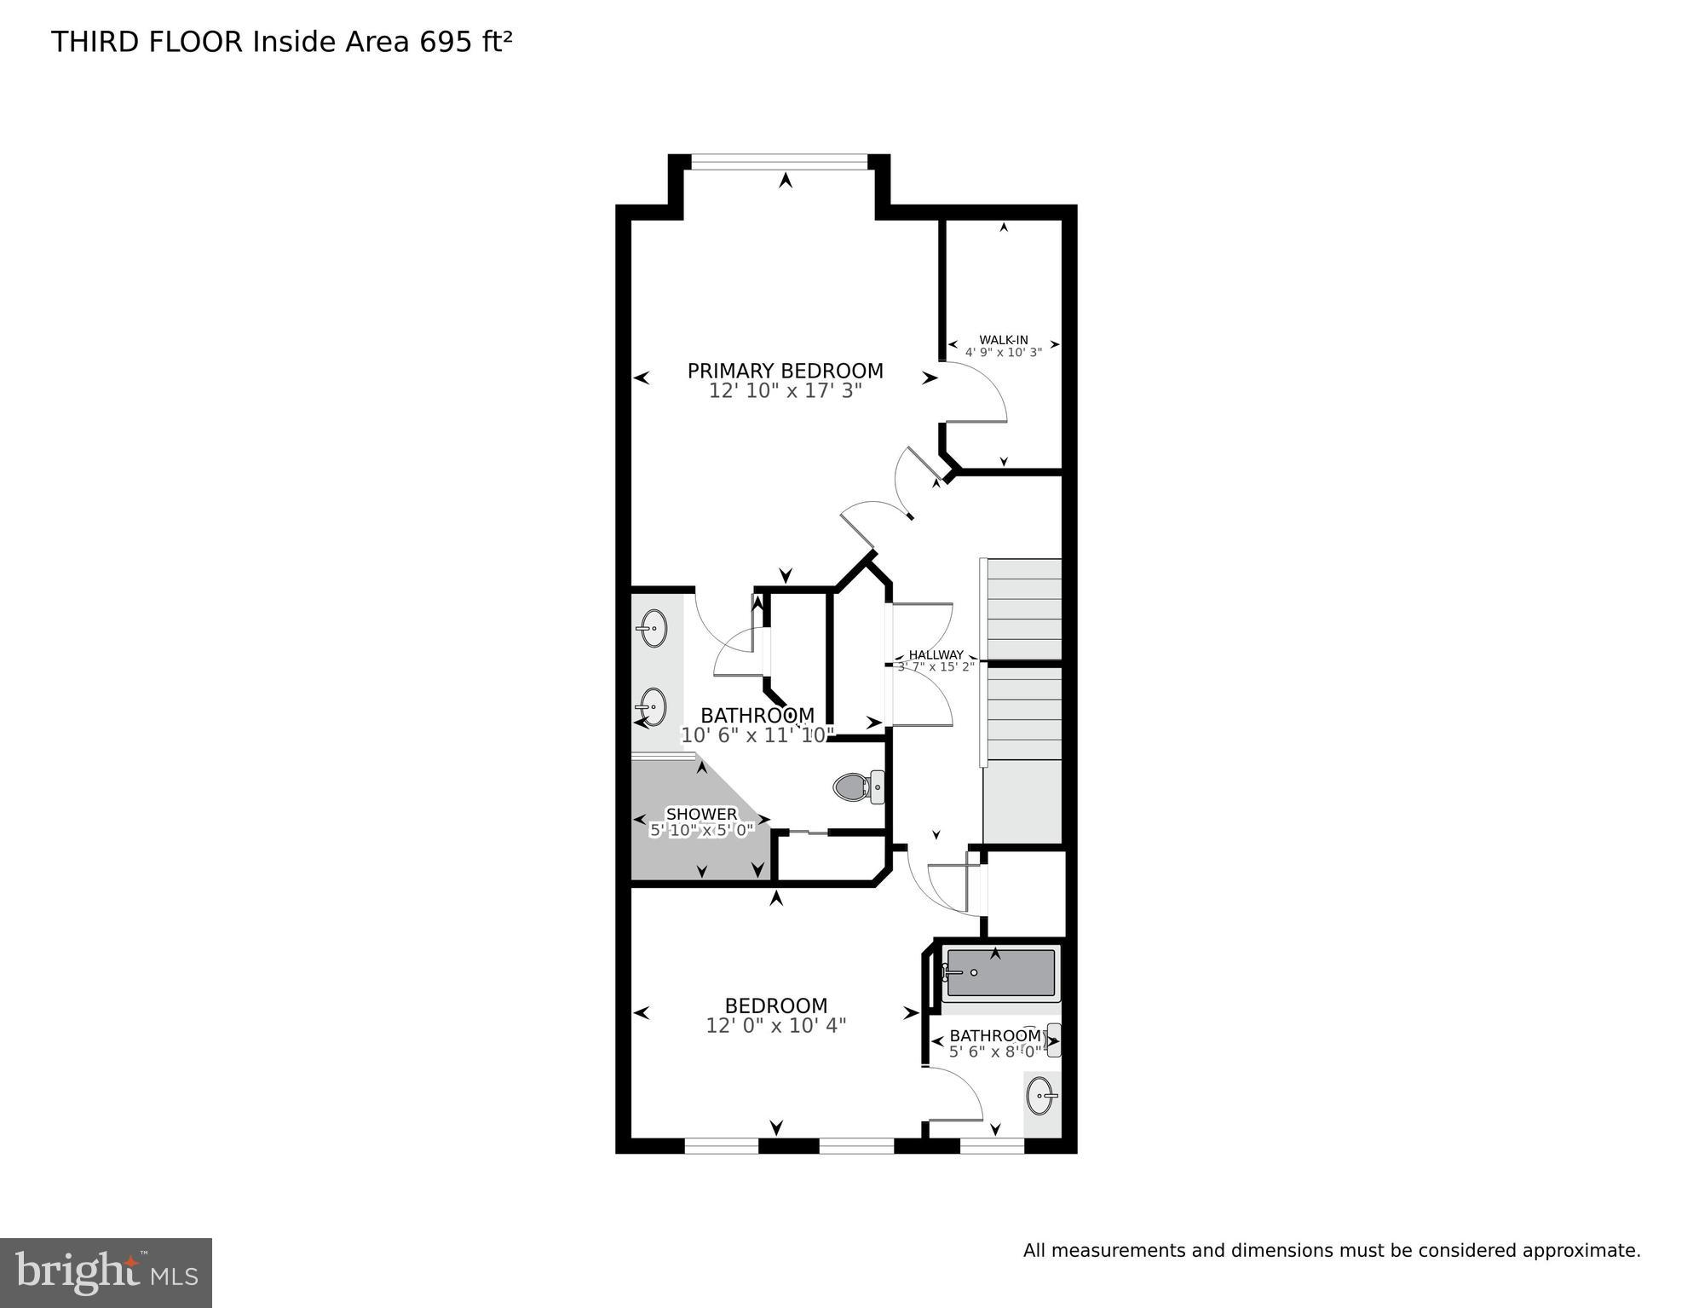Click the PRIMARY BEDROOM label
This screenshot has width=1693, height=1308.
[785, 371]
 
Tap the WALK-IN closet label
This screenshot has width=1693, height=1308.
[1003, 340]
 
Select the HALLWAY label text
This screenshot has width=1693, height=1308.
[936, 654]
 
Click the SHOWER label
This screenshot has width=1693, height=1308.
[701, 815]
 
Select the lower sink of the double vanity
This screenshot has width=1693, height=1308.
[654, 706]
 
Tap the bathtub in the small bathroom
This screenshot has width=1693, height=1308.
[1000, 973]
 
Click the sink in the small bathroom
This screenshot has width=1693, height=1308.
[1041, 1096]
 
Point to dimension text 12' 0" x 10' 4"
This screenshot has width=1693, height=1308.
[775, 1026]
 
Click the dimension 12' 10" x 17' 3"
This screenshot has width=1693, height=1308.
[785, 391]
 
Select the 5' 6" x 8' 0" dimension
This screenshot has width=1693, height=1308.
[994, 1052]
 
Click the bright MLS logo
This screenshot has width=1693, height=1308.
[106, 1272]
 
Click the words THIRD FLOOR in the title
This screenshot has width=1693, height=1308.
[147, 42]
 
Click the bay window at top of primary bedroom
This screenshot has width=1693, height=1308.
[779, 158]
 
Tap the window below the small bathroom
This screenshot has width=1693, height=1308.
[992, 1146]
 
